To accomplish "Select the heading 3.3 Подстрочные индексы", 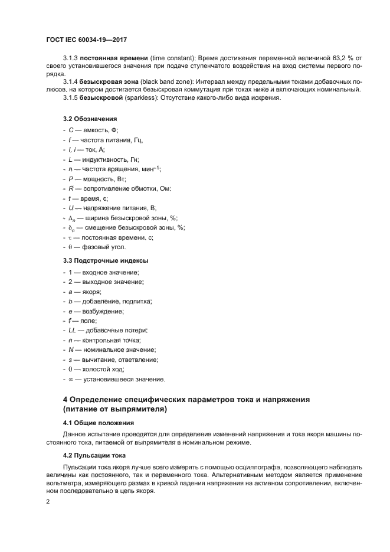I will (106, 260).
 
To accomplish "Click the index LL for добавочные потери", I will (72, 330).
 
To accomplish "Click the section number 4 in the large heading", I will (66, 400).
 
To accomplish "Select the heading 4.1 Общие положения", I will (98, 423).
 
